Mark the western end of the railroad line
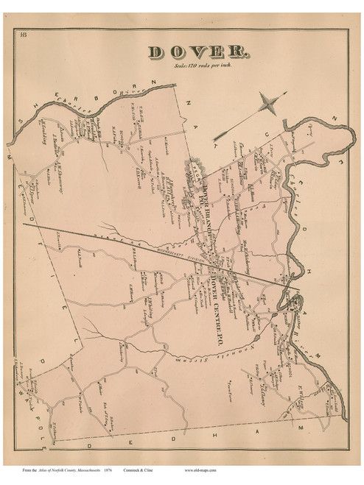coord(24,224)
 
